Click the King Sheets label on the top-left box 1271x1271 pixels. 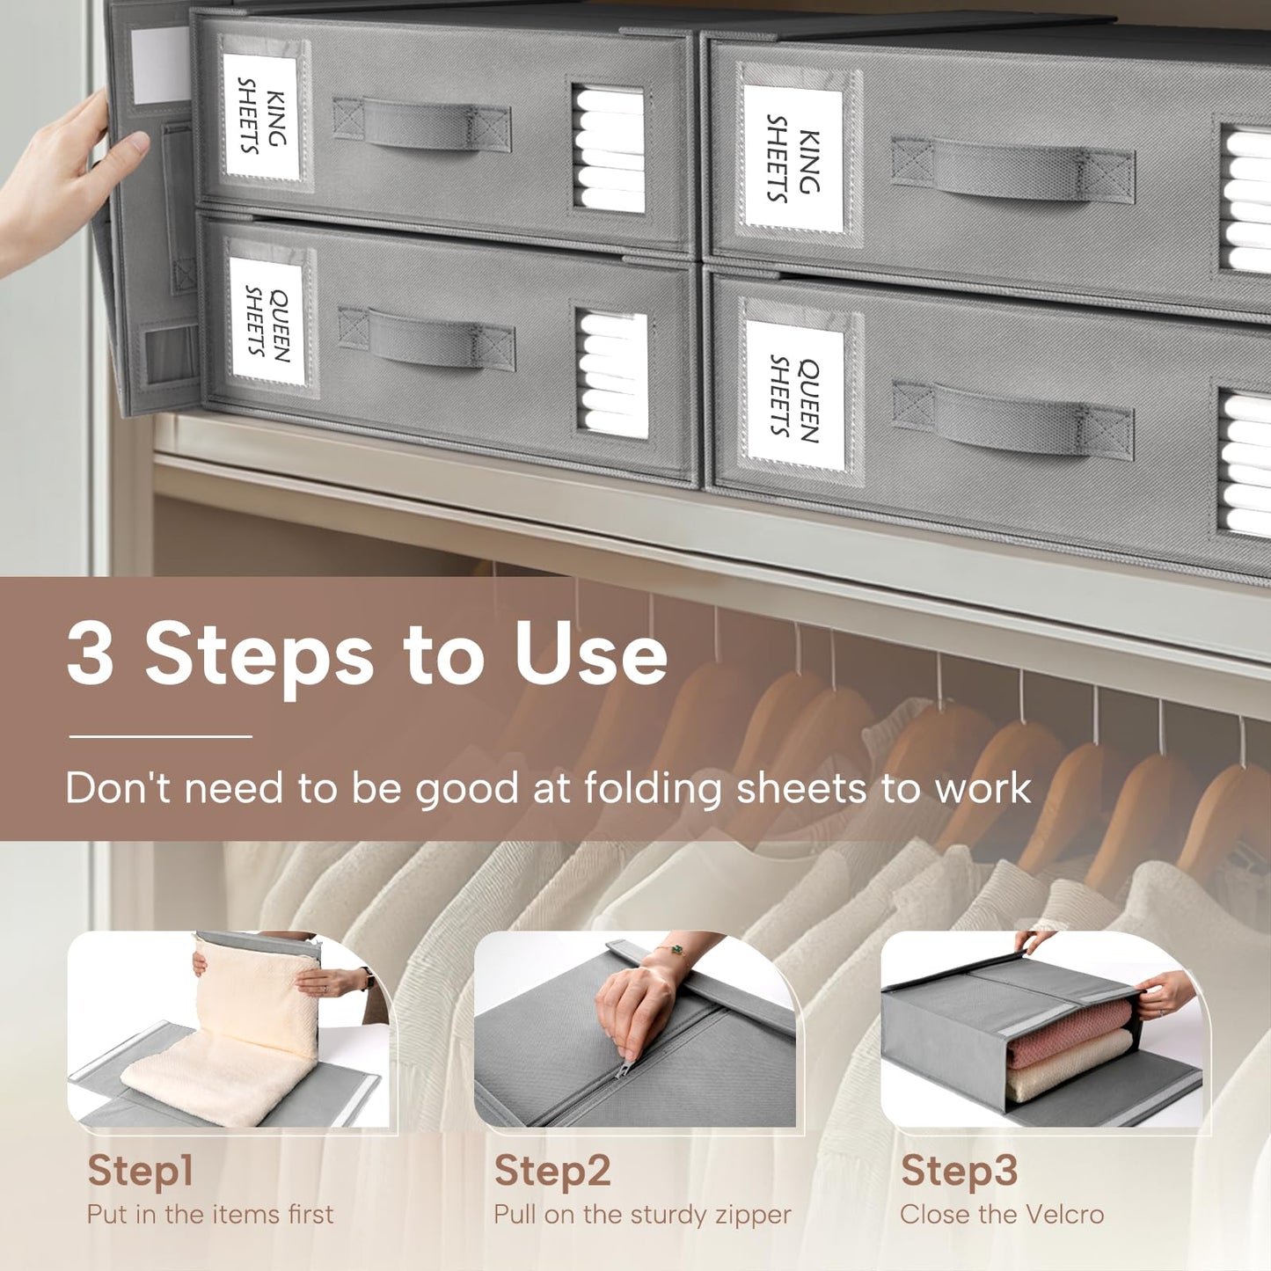(x=261, y=116)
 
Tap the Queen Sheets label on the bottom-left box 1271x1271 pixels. (x=267, y=321)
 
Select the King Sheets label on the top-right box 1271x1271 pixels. (x=793, y=158)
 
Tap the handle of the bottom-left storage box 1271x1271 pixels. (x=426, y=337)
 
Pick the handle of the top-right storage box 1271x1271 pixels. (x=1012, y=168)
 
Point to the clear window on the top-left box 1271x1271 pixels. (x=608, y=149)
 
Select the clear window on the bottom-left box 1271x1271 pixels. (x=613, y=373)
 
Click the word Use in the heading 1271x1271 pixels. (x=590, y=654)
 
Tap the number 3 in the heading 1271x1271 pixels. (x=91, y=654)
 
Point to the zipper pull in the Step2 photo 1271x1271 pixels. (x=624, y=1067)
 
